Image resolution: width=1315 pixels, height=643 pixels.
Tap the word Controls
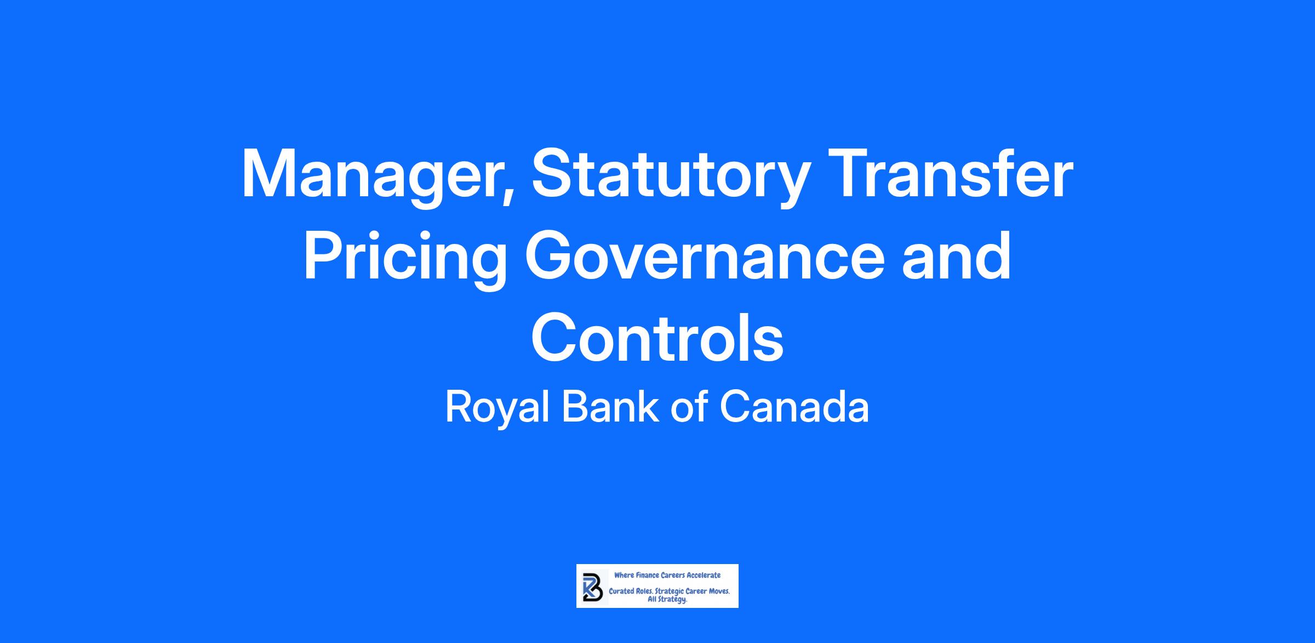coord(658,337)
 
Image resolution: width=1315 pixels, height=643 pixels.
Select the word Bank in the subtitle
coord(610,407)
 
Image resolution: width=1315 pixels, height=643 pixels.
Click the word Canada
coord(794,407)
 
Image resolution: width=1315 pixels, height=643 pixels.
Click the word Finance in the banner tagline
coord(647,576)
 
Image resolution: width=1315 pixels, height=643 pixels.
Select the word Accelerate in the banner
coord(704,576)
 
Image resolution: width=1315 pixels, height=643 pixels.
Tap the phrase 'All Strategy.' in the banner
coord(667,600)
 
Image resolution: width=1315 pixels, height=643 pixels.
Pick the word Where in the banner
coord(624,576)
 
